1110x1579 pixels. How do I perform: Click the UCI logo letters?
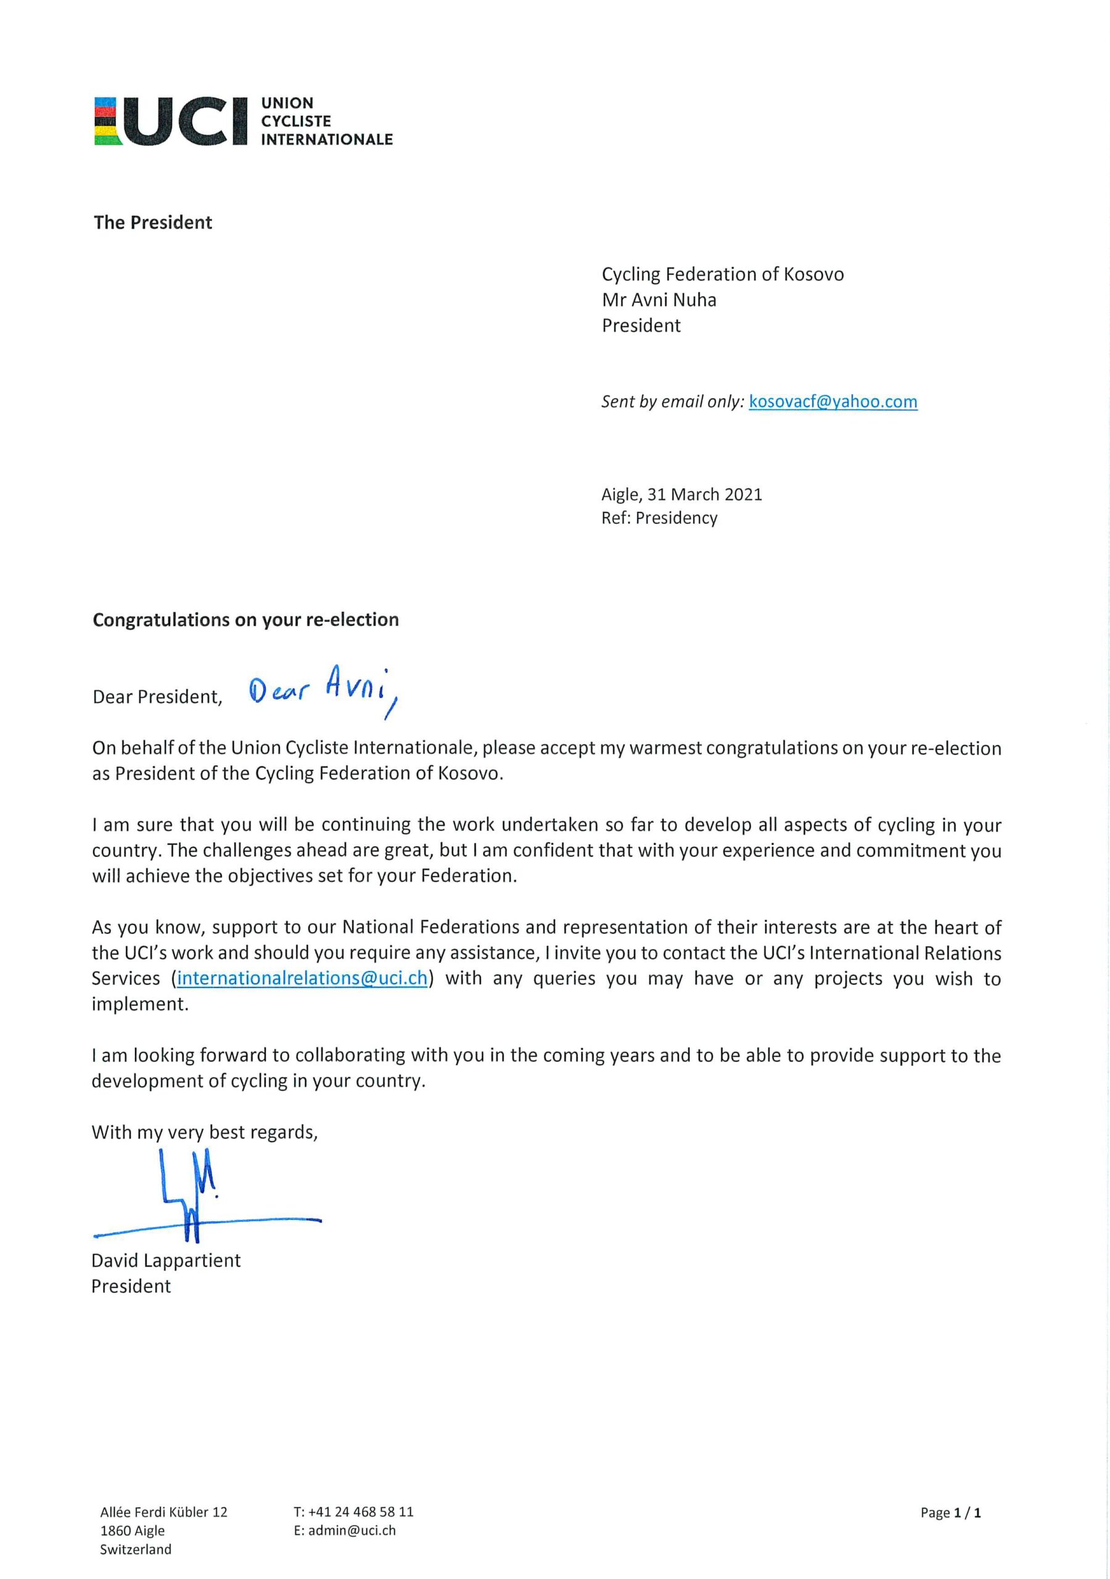[186, 121]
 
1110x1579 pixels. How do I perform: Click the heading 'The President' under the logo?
[153, 223]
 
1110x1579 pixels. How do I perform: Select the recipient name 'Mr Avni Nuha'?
[659, 300]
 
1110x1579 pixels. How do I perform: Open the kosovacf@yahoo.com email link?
[833, 402]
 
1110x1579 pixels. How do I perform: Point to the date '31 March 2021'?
[704, 495]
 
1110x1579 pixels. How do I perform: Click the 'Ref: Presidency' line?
[659, 518]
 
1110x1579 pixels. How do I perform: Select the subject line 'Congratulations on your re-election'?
[245, 620]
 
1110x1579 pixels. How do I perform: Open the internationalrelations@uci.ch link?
[302, 978]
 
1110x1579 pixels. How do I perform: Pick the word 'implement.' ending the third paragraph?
[141, 1004]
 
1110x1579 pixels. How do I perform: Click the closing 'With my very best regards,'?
[205, 1132]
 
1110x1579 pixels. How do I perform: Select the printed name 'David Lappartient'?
[166, 1261]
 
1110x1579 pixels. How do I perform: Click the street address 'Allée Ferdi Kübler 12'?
[163, 1512]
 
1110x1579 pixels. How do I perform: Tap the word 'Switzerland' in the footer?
[136, 1549]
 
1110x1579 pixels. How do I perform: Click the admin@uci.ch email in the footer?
[351, 1530]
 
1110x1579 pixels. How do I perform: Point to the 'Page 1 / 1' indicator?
[950, 1512]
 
